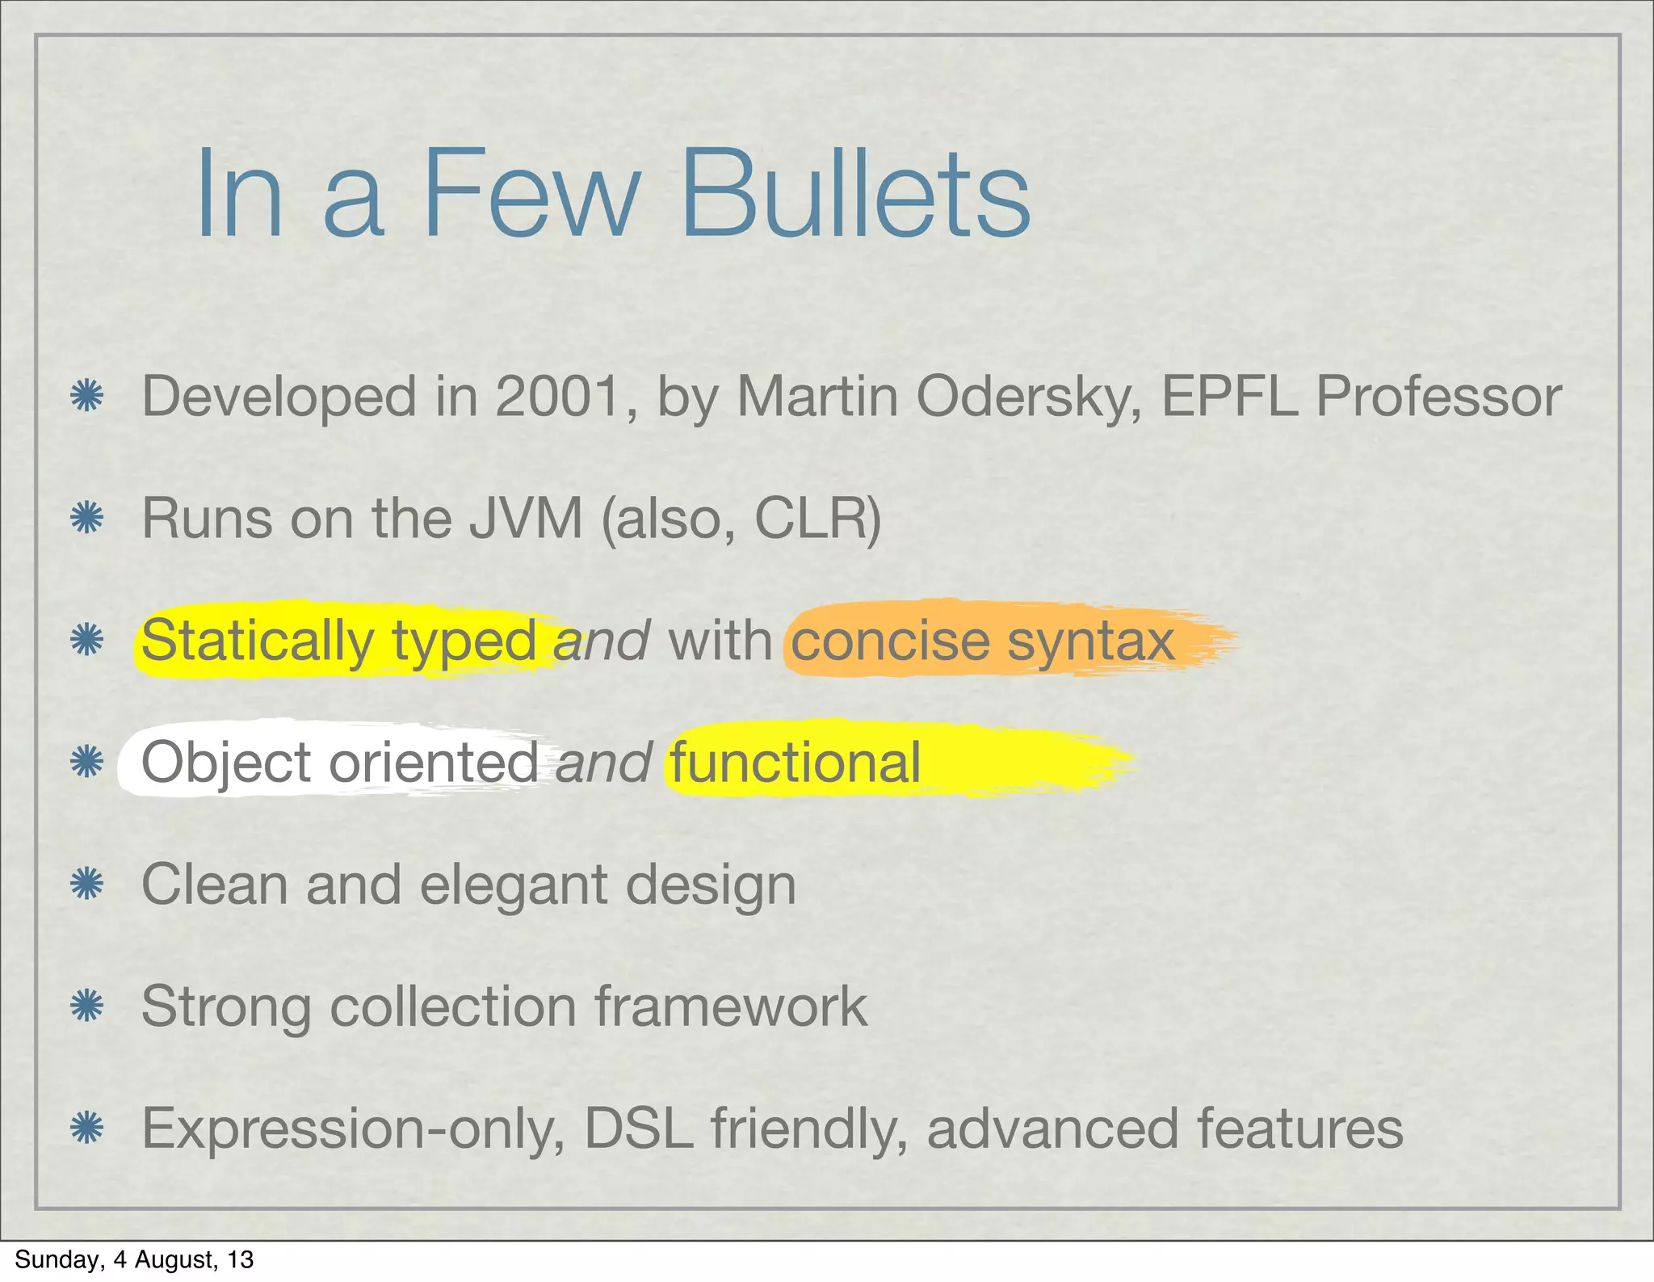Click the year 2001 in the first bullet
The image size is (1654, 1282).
pos(557,397)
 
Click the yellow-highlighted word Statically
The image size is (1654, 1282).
pos(258,641)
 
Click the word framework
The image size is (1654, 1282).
pos(731,1007)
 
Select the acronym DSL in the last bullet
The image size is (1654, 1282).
pos(638,1129)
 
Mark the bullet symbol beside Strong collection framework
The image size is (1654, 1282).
pos(86,1007)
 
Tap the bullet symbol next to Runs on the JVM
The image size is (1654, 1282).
pos(86,518)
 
